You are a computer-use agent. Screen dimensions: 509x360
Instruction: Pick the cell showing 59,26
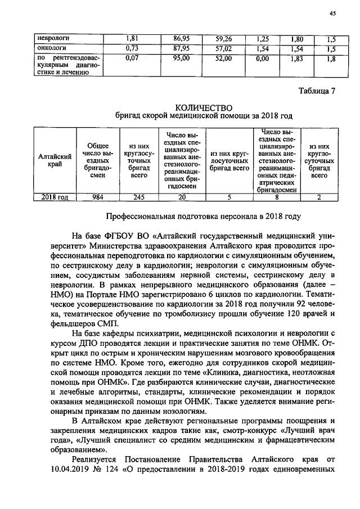227,39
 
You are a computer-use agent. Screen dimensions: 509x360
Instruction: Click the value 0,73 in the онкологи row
131,48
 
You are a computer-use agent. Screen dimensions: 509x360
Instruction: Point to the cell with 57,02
227,48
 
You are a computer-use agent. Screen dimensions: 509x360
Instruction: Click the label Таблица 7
318,91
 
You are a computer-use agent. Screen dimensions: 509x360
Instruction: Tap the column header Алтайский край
54,160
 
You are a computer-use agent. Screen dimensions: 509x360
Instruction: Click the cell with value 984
98,197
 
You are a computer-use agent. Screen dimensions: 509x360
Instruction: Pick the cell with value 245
138,197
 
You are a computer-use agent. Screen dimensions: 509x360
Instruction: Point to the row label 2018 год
54,197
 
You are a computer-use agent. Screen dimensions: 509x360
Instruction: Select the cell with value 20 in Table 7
181,197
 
